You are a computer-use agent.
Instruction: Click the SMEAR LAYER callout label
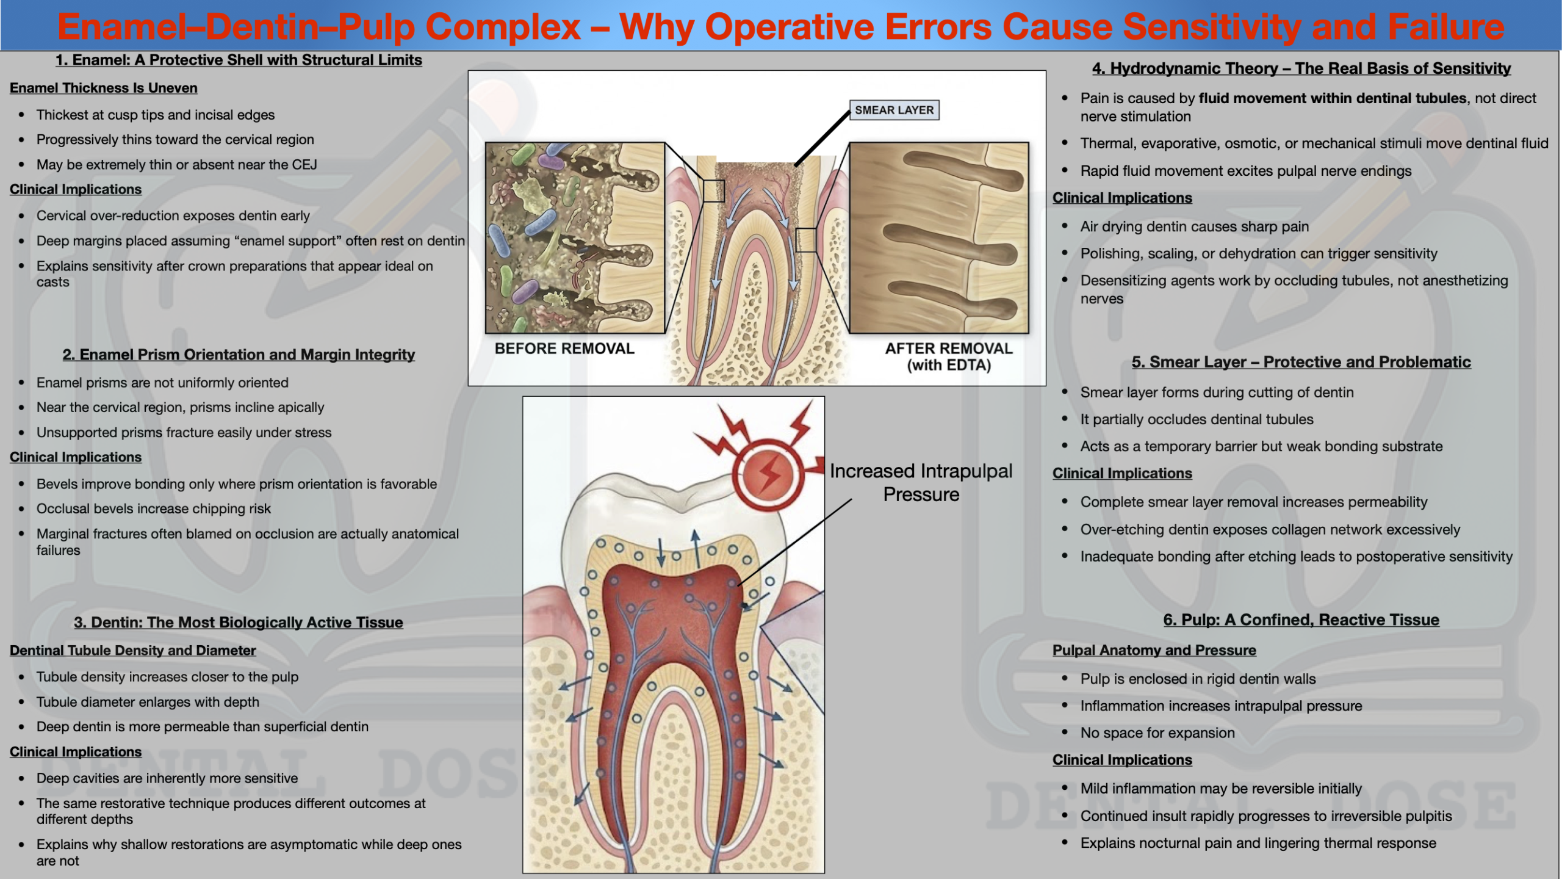click(894, 110)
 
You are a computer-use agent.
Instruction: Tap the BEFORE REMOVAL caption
click(564, 349)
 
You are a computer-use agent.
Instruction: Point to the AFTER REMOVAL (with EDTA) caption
click(949, 356)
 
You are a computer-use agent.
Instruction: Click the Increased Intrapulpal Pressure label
click(921, 482)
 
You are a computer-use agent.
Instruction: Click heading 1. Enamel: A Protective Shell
click(239, 60)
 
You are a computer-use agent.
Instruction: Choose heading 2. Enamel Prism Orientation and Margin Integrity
click(239, 355)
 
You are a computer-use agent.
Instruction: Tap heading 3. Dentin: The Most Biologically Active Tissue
click(239, 622)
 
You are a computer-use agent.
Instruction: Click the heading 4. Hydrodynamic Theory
click(1301, 68)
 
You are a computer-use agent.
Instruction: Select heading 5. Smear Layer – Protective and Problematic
click(1301, 362)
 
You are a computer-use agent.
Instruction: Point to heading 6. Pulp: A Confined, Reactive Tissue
click(1301, 620)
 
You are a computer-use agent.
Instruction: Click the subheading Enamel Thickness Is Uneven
click(104, 88)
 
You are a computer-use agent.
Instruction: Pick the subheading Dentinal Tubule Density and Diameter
click(133, 650)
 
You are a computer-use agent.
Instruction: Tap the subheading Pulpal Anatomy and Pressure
click(1154, 650)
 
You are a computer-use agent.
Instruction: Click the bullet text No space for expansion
click(1157, 733)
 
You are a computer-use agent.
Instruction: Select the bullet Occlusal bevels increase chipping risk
click(154, 508)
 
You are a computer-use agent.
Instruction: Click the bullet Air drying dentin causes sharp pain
click(1195, 226)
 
